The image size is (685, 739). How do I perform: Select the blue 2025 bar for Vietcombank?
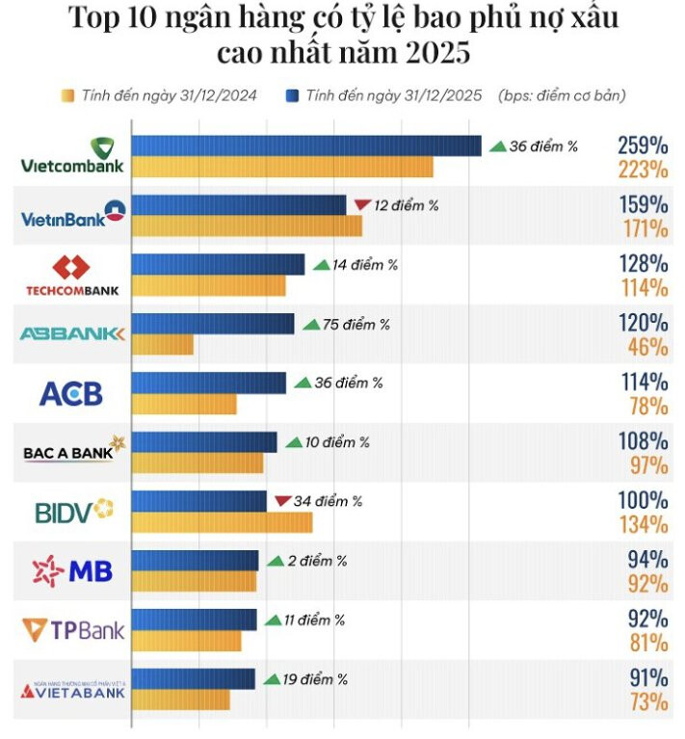click(x=305, y=145)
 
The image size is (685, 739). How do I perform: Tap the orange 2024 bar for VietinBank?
click(x=247, y=225)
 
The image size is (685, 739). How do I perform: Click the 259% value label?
click(x=643, y=146)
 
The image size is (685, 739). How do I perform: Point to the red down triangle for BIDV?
click(x=282, y=500)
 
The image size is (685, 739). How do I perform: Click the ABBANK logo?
click(x=73, y=333)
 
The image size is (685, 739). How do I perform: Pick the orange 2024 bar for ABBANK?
click(x=162, y=344)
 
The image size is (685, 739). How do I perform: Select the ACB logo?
click(x=70, y=393)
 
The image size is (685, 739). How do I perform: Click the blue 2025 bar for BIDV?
click(x=199, y=501)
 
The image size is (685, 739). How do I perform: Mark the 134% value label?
click(x=644, y=524)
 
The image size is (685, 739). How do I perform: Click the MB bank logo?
click(x=73, y=571)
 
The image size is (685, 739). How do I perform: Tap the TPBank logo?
click(x=73, y=631)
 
